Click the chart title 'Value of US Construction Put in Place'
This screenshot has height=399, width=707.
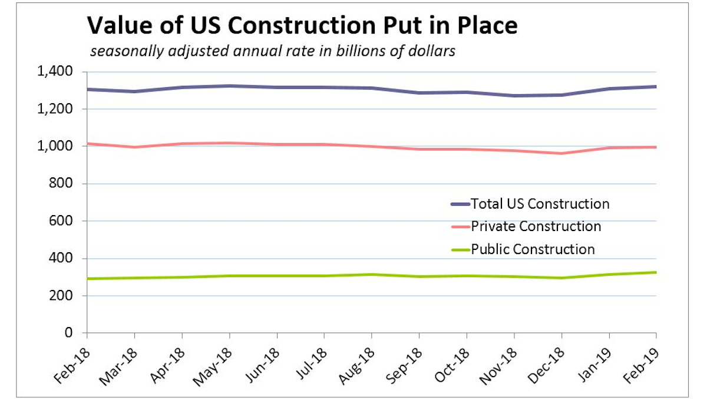(302, 25)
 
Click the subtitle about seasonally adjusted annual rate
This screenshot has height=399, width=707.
(272, 51)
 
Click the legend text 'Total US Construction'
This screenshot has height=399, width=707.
(540, 204)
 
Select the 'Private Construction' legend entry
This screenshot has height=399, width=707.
(536, 226)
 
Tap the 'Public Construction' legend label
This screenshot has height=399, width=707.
(533, 249)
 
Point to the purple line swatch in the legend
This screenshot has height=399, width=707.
(460, 205)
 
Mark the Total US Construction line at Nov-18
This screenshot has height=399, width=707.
(514, 95)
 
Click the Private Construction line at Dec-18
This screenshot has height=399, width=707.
(561, 153)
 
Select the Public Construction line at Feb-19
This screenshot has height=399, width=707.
(656, 272)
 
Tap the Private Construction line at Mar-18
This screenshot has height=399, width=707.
(135, 147)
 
